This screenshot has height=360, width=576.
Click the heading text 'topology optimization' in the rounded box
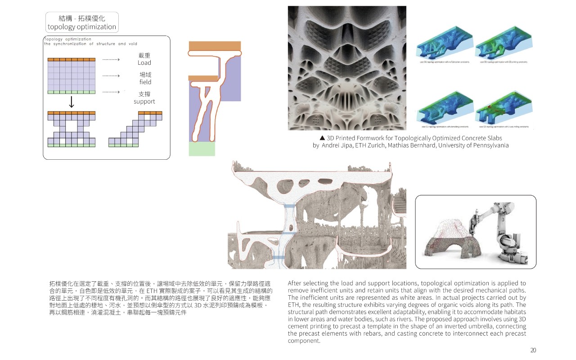[x=82, y=27]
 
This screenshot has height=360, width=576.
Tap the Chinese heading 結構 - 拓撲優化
[x=82, y=18]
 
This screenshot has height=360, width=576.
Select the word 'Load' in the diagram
[x=144, y=63]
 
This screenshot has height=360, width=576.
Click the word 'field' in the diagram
[x=145, y=82]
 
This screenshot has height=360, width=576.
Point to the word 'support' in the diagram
[x=144, y=102]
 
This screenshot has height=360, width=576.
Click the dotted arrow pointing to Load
[x=111, y=59]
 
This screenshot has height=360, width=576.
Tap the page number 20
[x=533, y=351]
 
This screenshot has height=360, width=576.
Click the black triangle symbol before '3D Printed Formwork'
[x=322, y=138]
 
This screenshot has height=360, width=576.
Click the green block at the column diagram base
[x=202, y=148]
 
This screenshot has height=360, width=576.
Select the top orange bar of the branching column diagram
[x=215, y=46]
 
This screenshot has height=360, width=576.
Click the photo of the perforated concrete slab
[x=346, y=67]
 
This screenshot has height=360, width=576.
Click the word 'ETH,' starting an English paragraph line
[x=294, y=305]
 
